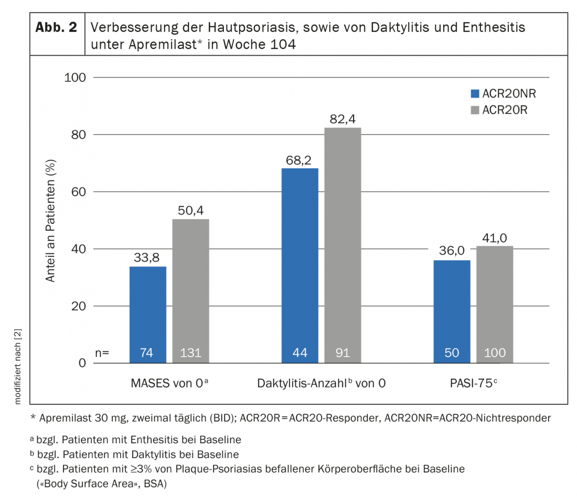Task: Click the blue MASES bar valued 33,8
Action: [148, 314]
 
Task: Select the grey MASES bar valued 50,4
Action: [190, 291]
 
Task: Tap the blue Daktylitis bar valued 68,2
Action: [300, 265]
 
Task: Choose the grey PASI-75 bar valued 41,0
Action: [495, 304]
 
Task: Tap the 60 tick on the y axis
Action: [78, 192]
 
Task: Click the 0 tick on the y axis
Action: [82, 363]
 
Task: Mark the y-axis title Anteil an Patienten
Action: [50, 220]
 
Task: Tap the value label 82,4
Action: [343, 119]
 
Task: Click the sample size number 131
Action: [190, 353]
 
